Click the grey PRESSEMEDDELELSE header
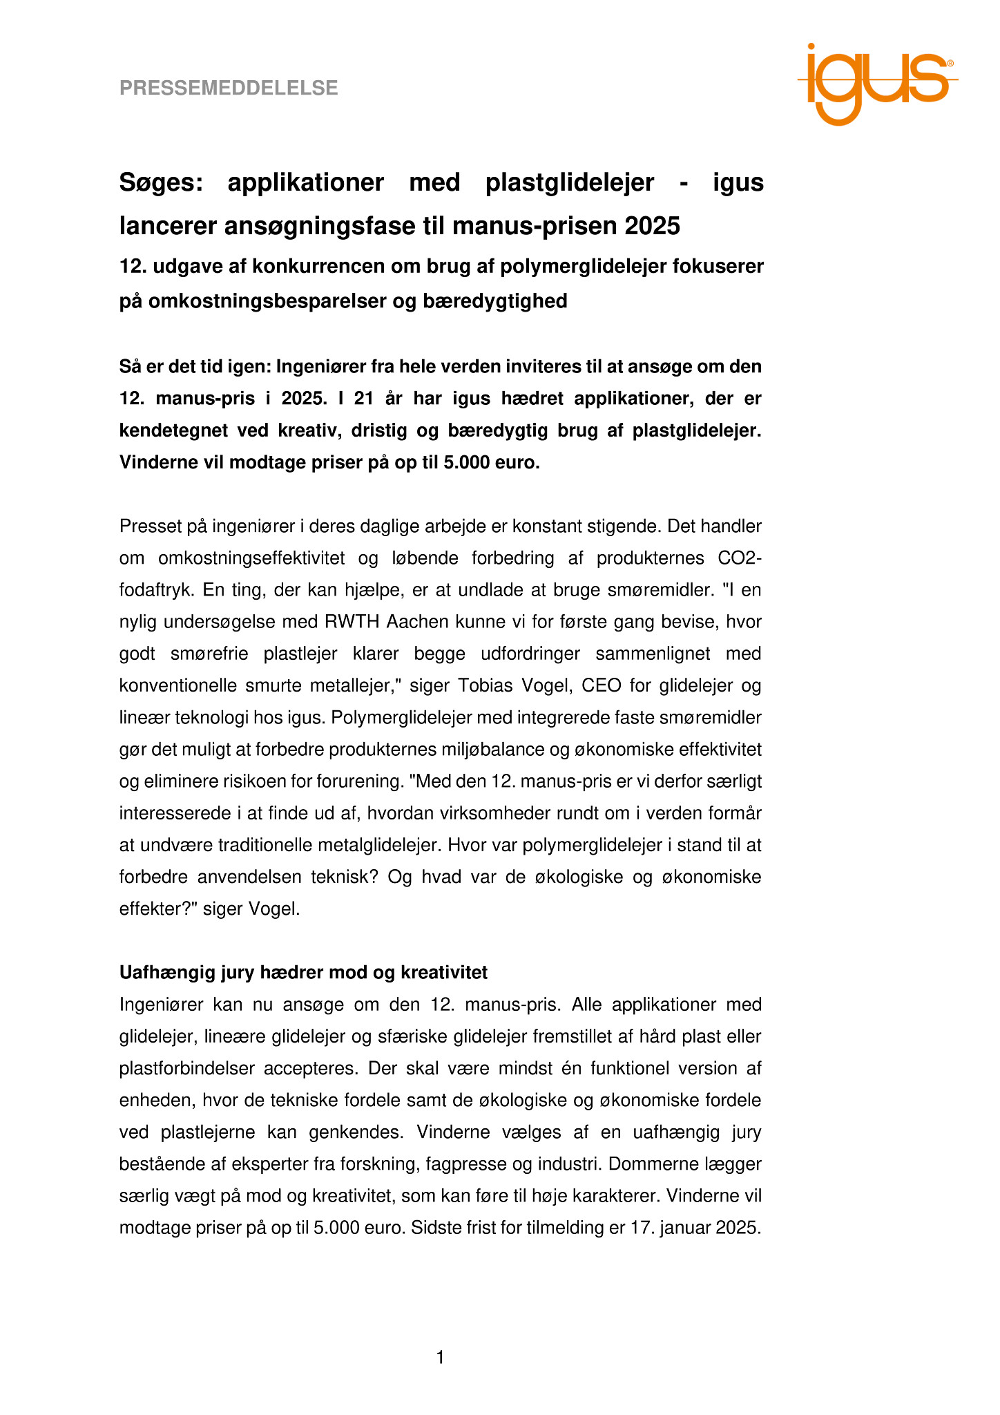229,88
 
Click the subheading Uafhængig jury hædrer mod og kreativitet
303,972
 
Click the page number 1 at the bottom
440,1358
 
